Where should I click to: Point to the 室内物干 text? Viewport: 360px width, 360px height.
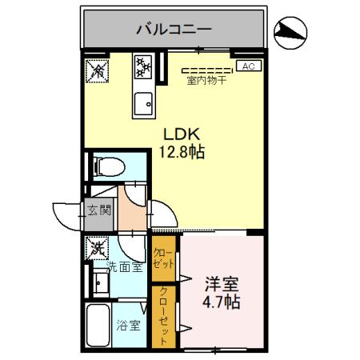tap(206, 79)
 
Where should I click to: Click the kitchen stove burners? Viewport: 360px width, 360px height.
tap(144, 68)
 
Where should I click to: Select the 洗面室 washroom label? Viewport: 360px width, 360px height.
tap(103, 266)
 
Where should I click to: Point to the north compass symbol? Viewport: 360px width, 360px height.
tap(290, 31)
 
